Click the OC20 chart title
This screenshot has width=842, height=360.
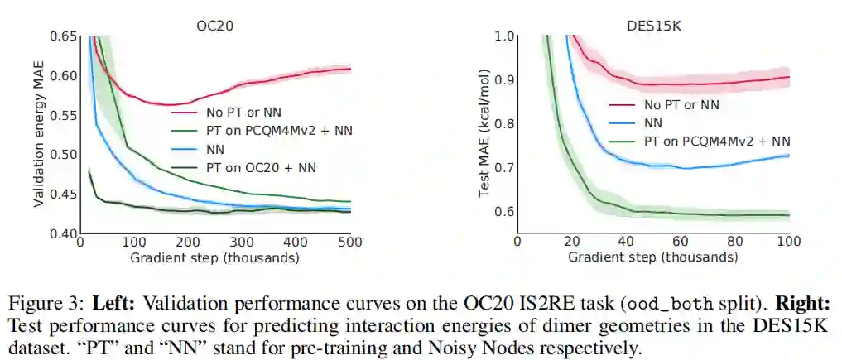point(214,26)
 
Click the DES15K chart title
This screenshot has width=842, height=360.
point(653,26)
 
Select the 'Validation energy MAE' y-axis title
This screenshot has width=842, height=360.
point(39,136)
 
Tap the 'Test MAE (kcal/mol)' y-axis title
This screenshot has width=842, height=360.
point(484,136)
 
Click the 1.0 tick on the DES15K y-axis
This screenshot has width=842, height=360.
point(504,36)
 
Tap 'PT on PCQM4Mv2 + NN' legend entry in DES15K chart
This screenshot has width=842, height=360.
point(715,142)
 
